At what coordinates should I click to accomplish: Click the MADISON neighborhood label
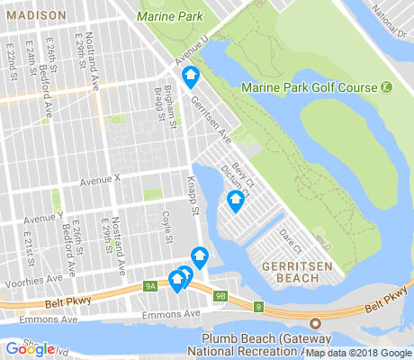(x=33, y=16)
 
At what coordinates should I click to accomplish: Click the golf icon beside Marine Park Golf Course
(x=386, y=87)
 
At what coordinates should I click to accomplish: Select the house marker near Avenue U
(x=190, y=79)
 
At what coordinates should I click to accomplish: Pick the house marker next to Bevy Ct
(x=236, y=201)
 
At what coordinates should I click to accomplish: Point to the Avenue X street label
(x=100, y=180)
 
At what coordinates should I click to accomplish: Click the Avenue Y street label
(x=45, y=217)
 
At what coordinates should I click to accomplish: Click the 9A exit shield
(x=150, y=286)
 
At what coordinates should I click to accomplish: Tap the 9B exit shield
(x=220, y=294)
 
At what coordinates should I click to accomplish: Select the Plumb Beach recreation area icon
(x=315, y=324)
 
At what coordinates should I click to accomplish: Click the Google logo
(x=31, y=348)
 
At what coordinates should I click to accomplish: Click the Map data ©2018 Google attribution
(x=357, y=352)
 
